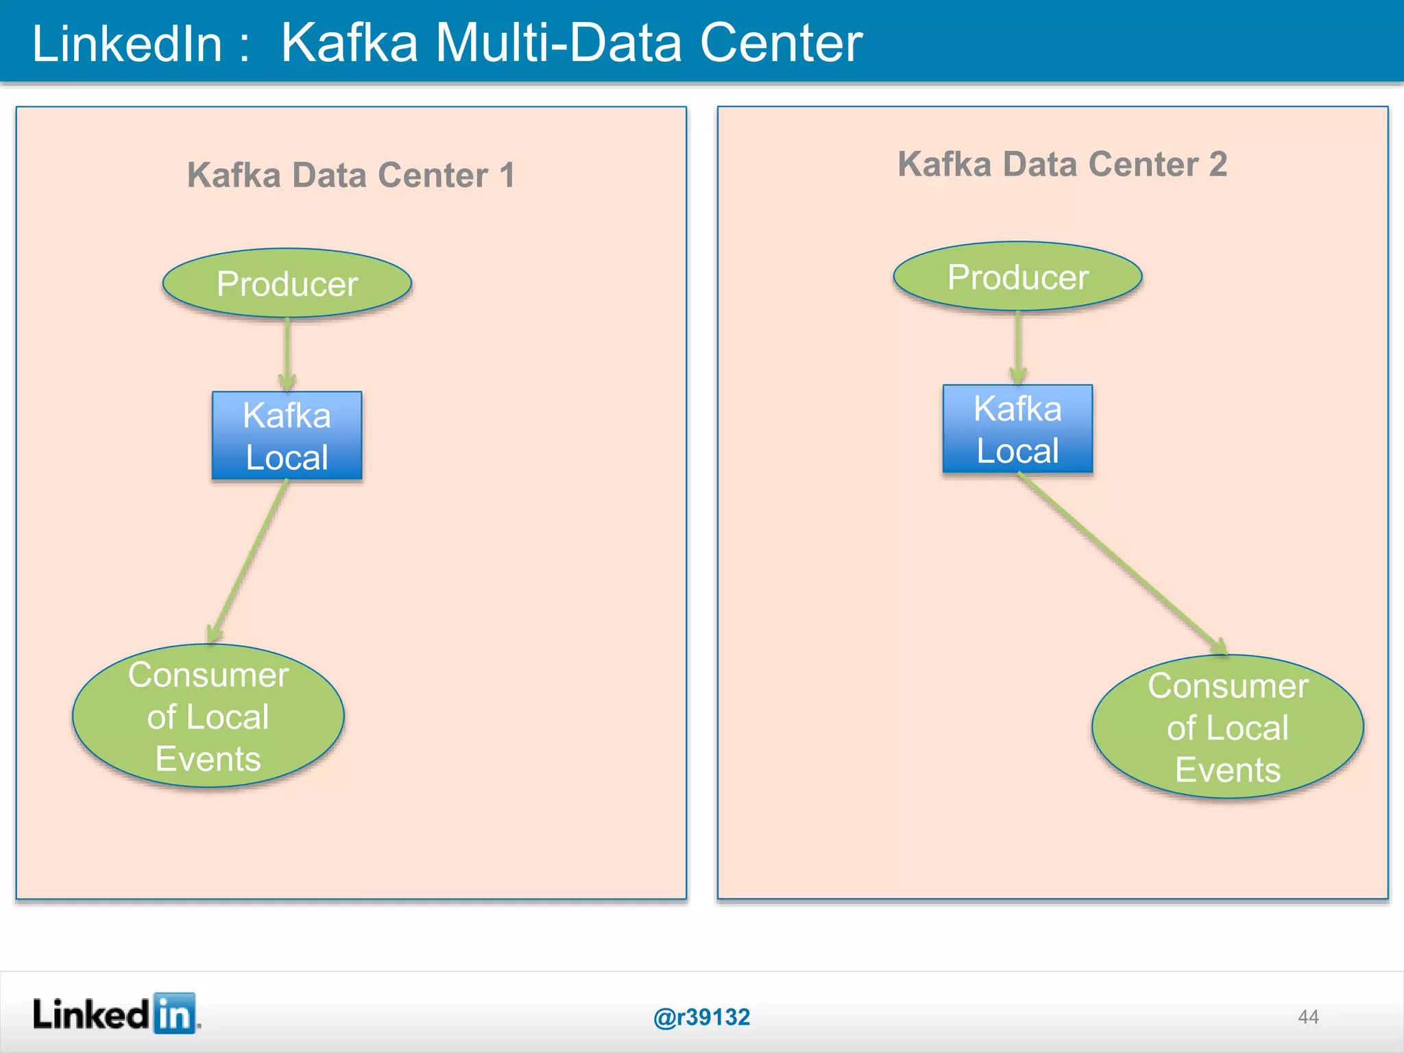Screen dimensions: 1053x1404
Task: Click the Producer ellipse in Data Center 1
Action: click(x=287, y=283)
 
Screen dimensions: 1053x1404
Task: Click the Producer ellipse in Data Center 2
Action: click(x=1017, y=276)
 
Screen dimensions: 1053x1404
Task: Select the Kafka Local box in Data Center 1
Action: click(x=287, y=435)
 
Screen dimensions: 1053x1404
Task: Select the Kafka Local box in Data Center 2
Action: click(x=1017, y=429)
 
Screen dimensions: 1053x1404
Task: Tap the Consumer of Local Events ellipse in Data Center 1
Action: click(x=208, y=716)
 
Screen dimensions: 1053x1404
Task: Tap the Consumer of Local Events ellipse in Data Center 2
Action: click(x=1227, y=727)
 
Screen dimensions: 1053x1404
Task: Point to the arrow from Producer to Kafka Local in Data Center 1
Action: click(x=287, y=353)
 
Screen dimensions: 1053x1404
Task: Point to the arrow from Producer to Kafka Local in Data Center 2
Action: click(x=1018, y=346)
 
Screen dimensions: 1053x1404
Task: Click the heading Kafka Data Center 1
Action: click(x=350, y=175)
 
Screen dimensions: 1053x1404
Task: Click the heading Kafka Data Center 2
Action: click(x=1062, y=165)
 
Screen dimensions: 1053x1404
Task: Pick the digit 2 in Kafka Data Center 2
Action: click(x=1218, y=165)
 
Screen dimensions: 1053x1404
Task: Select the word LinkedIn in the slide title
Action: click(x=128, y=44)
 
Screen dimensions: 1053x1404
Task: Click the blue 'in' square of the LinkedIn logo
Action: click(x=174, y=1013)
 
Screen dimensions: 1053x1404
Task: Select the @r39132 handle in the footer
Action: click(x=701, y=1017)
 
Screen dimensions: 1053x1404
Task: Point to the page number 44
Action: click(x=1308, y=1017)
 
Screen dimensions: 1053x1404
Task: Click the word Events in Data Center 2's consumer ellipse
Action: click(x=1227, y=770)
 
